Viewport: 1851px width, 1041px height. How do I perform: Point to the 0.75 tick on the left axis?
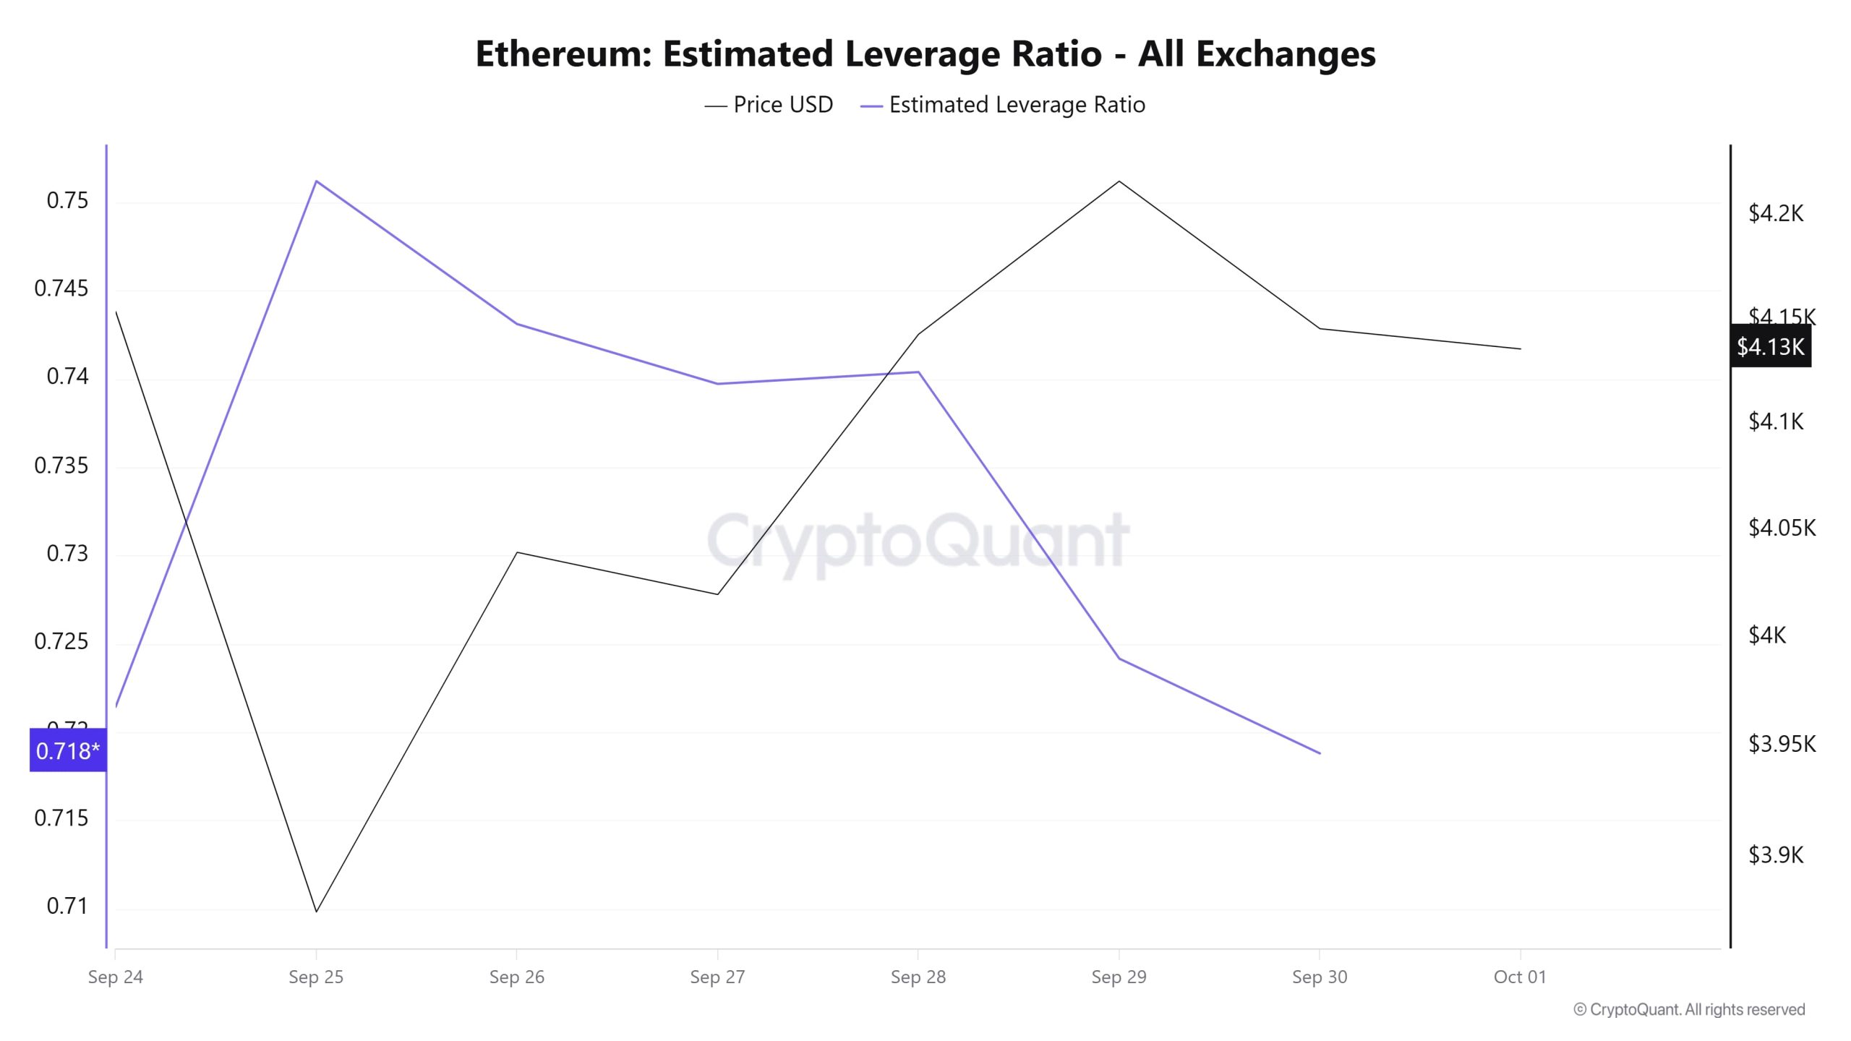(x=67, y=200)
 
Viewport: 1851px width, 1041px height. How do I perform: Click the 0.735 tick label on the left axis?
(x=61, y=465)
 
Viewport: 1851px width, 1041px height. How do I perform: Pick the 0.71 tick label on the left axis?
(x=67, y=906)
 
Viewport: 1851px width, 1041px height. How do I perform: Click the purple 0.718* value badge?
(x=68, y=750)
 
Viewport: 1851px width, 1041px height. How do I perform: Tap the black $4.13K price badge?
(x=1770, y=347)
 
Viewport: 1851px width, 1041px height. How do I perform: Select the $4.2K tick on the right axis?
(x=1775, y=213)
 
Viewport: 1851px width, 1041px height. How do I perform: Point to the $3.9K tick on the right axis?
(x=1775, y=855)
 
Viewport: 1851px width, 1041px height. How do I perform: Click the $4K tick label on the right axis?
(x=1766, y=635)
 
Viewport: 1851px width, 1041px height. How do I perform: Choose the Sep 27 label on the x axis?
(x=717, y=977)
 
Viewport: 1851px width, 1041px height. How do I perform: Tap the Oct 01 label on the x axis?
(x=1520, y=977)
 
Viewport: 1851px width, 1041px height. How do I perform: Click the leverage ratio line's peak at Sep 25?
(x=317, y=181)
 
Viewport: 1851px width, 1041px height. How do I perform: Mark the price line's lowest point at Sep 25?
(x=317, y=911)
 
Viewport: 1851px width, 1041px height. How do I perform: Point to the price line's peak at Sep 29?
(x=1119, y=181)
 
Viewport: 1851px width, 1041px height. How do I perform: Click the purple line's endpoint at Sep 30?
(x=1320, y=753)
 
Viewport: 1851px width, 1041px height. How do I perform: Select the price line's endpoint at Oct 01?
(x=1521, y=348)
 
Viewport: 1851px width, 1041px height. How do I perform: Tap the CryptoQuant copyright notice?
(x=1689, y=1009)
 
